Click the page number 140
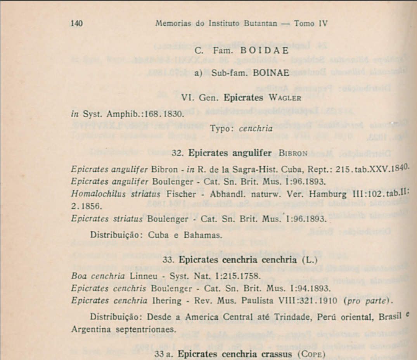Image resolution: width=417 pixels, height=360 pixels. (x=77, y=23)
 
